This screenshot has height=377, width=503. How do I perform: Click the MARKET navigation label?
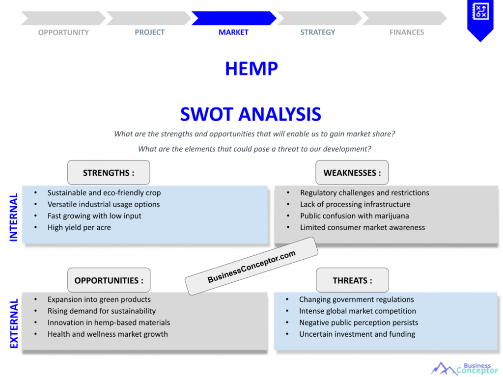(233, 32)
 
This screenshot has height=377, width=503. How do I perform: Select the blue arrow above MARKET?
(234, 18)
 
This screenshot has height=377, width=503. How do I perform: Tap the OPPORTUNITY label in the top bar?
(63, 32)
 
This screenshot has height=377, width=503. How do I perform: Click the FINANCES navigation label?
(406, 32)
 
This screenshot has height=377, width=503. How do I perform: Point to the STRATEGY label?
(318, 32)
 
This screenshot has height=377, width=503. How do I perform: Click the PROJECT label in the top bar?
(149, 32)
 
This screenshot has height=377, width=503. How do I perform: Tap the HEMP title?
(251, 69)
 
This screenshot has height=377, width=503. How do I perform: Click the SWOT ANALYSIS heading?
(251, 114)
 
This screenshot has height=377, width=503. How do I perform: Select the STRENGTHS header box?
(109, 172)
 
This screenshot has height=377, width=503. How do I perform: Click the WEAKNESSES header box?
(352, 172)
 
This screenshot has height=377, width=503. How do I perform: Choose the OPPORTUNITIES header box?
(109, 280)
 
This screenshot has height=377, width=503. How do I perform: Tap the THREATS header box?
(352, 280)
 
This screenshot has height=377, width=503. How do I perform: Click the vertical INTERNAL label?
(13, 217)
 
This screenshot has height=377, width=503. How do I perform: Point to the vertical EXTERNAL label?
(14, 323)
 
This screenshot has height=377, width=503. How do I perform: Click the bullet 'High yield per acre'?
(79, 228)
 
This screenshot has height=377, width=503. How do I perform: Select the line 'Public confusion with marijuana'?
(355, 216)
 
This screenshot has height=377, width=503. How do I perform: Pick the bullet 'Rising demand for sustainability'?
(102, 311)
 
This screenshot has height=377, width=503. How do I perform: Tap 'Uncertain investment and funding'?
(357, 334)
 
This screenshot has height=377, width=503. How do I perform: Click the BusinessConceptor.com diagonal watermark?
(251, 266)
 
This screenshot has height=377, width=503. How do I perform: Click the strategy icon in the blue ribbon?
(480, 11)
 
